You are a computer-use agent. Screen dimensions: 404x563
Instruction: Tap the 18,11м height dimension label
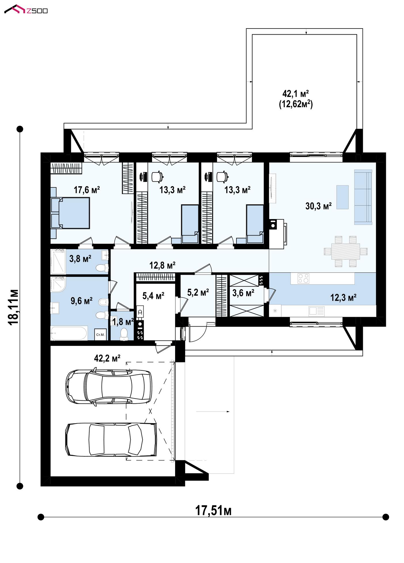[14, 307]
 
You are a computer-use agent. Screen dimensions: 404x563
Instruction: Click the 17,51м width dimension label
[213, 511]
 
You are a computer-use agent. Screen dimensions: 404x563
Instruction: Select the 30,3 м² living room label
[318, 206]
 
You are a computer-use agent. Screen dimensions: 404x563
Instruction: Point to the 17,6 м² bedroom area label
[87, 190]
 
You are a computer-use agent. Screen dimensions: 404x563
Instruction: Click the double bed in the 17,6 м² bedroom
[70, 213]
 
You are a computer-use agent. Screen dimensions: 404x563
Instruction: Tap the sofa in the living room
[363, 197]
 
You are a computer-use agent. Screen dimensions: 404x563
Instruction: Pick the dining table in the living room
[346, 251]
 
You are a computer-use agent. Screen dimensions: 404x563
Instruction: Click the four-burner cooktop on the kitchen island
[304, 278]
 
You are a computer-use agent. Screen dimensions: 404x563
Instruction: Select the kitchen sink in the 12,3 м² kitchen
[316, 311]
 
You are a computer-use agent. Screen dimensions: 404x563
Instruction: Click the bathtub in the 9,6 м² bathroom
[69, 333]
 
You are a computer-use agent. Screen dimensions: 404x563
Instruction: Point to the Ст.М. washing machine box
[100, 335]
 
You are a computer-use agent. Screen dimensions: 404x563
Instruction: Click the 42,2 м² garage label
[107, 358]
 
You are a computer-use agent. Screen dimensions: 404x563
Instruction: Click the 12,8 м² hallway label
[162, 265]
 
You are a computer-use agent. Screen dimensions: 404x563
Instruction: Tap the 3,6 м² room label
[243, 293]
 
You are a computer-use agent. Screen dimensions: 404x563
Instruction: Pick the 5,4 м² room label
[153, 295]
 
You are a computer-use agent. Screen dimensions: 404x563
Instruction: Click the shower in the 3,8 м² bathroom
[58, 261]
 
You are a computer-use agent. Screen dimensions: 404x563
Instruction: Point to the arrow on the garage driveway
[213, 411]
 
